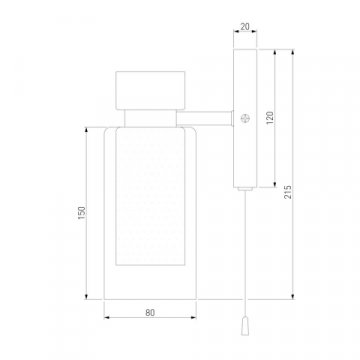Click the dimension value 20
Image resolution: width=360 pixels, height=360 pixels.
click(x=245, y=27)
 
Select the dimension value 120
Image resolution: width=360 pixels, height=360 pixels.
click(x=270, y=118)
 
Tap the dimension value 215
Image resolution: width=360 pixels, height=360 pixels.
click(x=289, y=192)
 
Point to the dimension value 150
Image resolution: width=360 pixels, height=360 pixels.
click(x=82, y=213)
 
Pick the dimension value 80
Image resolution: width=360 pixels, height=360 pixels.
click(x=150, y=313)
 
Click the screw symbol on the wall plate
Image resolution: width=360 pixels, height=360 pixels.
click(x=245, y=118)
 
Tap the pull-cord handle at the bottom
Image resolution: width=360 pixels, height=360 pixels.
click(x=245, y=326)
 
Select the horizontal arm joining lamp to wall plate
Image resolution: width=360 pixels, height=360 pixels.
click(x=204, y=119)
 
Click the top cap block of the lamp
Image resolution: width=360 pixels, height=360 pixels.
click(x=150, y=90)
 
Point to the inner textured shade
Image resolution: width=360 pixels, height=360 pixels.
click(x=150, y=197)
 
